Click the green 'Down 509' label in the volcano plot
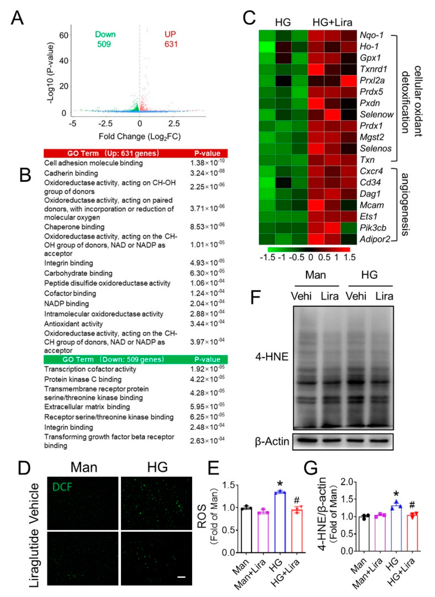[x=105, y=39]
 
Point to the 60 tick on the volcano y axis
[x=63, y=35]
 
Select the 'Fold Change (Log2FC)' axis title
[x=140, y=137]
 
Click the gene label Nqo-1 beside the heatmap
[x=372, y=35]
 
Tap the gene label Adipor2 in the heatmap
[x=375, y=239]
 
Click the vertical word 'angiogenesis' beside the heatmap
[x=405, y=204]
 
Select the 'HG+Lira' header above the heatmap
[x=332, y=22]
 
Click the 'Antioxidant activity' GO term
[x=74, y=324]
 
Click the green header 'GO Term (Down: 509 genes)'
[x=113, y=359]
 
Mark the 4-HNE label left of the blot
[x=272, y=357]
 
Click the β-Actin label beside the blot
[x=272, y=441]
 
